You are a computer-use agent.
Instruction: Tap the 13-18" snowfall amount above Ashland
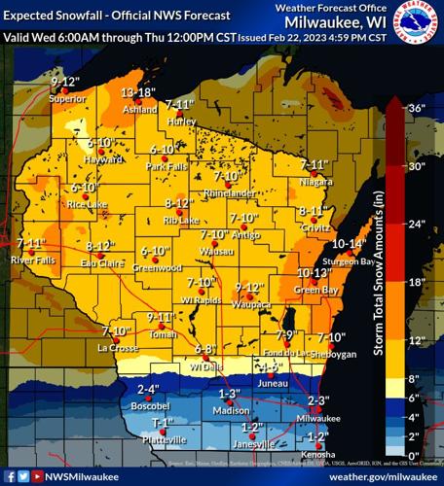click(138, 91)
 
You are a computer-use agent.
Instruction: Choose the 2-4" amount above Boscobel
click(148, 390)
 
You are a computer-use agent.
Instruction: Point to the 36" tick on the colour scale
click(419, 108)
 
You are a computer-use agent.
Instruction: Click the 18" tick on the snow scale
click(419, 282)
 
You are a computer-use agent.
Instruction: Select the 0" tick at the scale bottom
click(416, 455)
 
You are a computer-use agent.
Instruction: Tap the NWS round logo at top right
click(421, 19)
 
